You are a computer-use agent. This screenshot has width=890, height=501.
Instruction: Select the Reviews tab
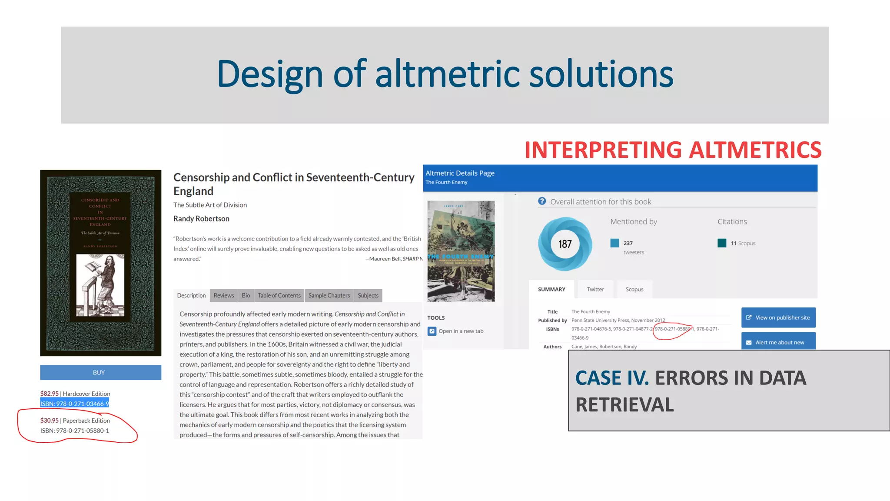pyautogui.click(x=224, y=296)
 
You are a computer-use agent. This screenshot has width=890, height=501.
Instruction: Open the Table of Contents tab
pyautogui.click(x=279, y=296)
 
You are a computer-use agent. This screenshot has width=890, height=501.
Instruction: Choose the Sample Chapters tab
pyautogui.click(x=329, y=296)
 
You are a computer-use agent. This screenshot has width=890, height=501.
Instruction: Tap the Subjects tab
pyautogui.click(x=368, y=296)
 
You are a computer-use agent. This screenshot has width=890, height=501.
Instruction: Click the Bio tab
pyautogui.click(x=246, y=296)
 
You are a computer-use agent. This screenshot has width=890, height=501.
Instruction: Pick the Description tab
pyautogui.click(x=191, y=296)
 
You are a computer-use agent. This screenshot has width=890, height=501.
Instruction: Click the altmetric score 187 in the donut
pyautogui.click(x=565, y=244)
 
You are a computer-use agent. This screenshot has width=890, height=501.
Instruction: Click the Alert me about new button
pyautogui.click(x=778, y=342)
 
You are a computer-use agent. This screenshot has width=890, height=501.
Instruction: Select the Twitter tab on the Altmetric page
pyautogui.click(x=595, y=290)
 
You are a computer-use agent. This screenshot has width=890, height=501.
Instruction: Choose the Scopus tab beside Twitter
pyautogui.click(x=634, y=290)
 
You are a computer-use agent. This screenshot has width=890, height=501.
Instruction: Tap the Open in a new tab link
pyautogui.click(x=461, y=331)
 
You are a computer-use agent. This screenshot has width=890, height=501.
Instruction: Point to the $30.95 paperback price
pyautogui.click(x=50, y=421)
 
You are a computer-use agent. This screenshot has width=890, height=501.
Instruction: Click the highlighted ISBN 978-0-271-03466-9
pyautogui.click(x=75, y=404)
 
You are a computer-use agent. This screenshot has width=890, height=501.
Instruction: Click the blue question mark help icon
pyautogui.click(x=542, y=201)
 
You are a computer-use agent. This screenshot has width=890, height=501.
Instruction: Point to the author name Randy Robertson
pyautogui.click(x=201, y=219)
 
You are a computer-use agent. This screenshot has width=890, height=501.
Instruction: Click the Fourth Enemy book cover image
pyautogui.click(x=461, y=251)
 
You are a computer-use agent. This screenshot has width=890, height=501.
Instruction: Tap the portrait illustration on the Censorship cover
pyautogui.click(x=100, y=285)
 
